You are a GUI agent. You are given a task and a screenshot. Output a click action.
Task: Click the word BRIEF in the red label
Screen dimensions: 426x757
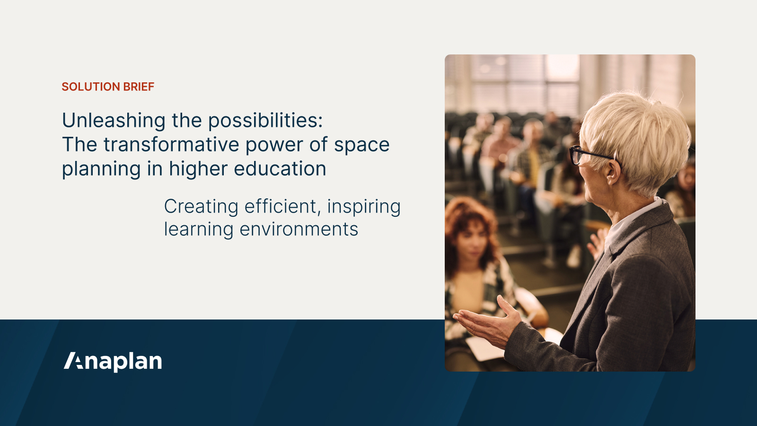click(x=139, y=87)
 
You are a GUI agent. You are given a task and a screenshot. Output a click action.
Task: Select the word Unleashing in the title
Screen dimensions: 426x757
click(x=114, y=121)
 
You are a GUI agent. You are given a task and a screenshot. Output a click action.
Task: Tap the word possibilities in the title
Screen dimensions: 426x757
click(x=265, y=121)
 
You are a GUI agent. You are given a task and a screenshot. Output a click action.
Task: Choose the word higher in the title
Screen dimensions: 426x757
click(x=198, y=169)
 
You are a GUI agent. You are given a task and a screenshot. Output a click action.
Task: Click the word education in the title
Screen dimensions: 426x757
click(x=280, y=169)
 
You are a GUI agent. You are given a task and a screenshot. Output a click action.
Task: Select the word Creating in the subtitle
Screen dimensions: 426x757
click(x=201, y=207)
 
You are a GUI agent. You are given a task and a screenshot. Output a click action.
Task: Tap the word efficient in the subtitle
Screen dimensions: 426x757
click(x=282, y=207)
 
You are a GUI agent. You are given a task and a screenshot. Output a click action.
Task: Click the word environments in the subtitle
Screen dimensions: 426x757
click(x=299, y=230)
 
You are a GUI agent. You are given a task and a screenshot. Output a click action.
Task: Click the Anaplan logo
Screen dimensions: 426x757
click(x=113, y=362)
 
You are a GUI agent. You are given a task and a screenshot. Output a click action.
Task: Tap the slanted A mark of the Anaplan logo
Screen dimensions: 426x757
click(x=74, y=361)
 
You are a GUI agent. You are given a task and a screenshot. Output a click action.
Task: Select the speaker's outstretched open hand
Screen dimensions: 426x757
click(x=487, y=322)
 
